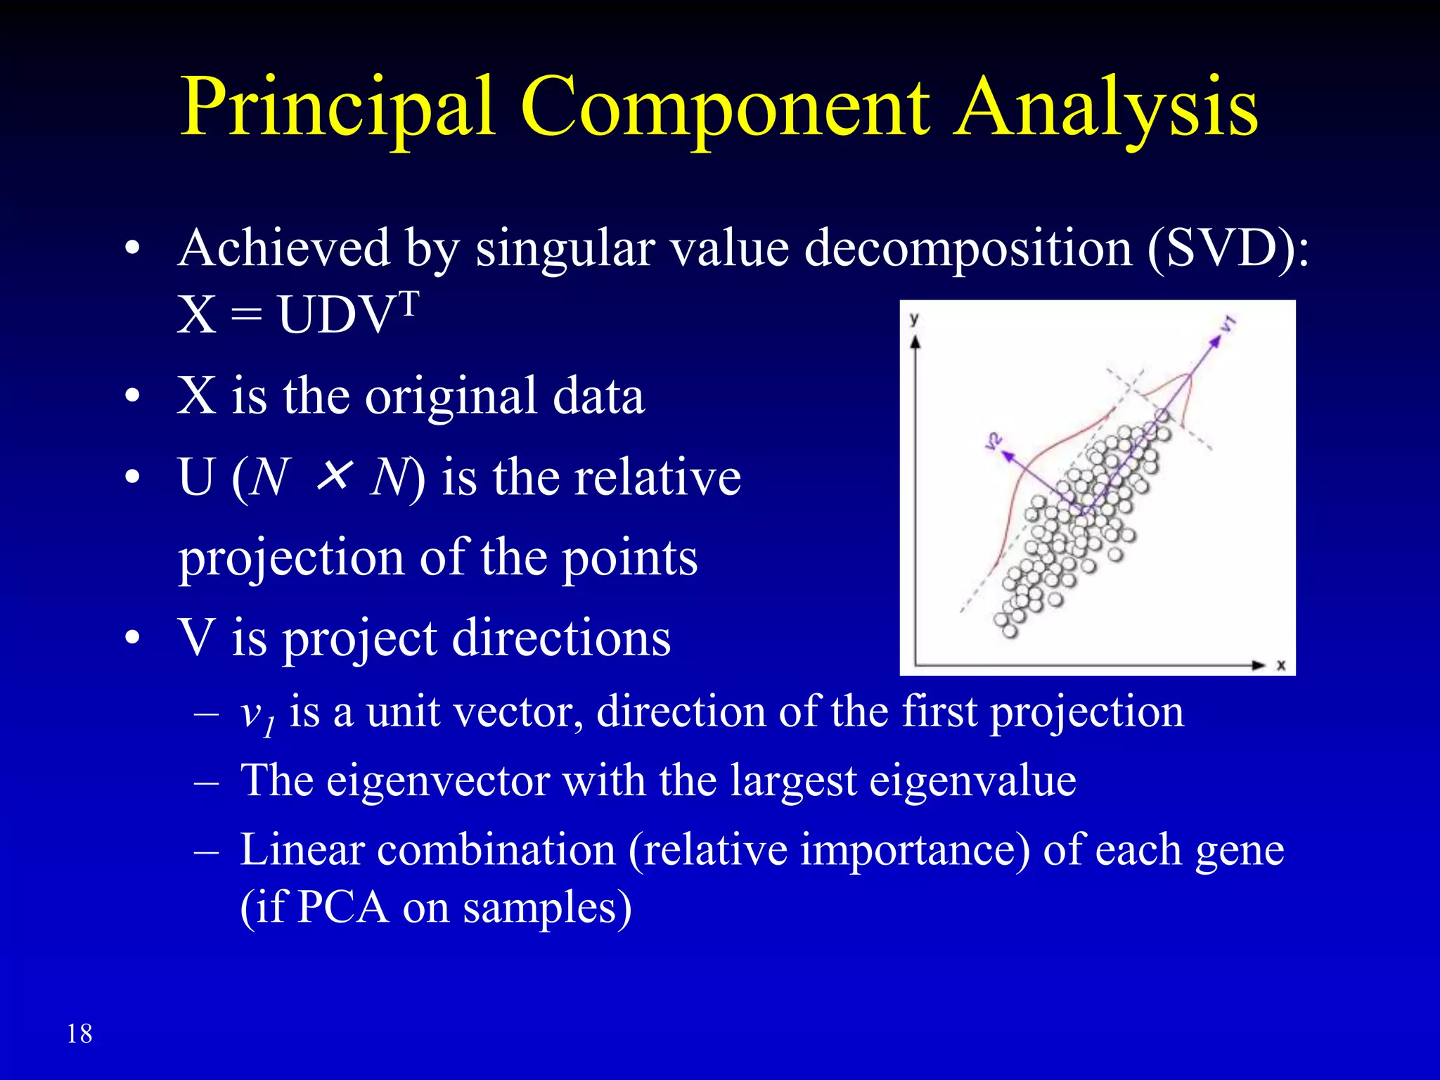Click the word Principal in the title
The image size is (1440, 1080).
tap(337, 109)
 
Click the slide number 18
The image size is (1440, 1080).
tap(79, 1034)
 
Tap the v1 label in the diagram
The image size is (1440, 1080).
tap(1228, 324)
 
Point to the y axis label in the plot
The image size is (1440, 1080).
tap(914, 319)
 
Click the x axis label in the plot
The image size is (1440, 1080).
tap(1281, 665)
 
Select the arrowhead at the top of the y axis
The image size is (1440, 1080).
tap(915, 342)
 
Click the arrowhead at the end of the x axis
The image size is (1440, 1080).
tap(1259, 665)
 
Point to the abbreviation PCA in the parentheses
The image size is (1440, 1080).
tap(343, 907)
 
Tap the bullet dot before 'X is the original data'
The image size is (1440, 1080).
tap(132, 397)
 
